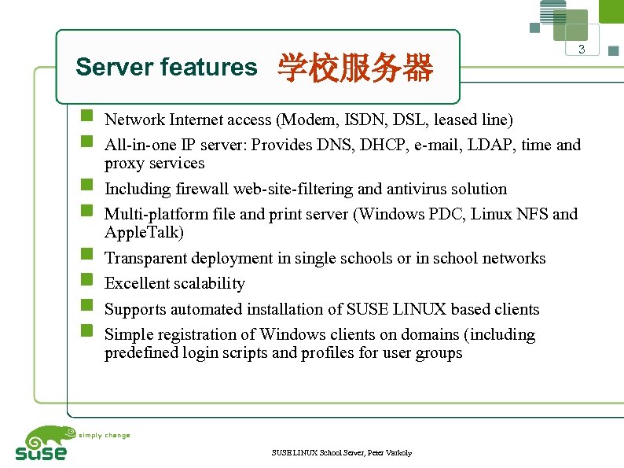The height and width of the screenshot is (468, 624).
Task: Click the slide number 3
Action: (582, 50)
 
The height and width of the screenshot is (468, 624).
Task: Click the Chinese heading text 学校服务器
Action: (355, 68)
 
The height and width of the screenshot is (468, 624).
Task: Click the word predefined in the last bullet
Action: (142, 353)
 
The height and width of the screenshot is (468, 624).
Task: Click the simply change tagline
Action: (105, 435)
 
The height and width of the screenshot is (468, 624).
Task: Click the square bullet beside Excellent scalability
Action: (88, 281)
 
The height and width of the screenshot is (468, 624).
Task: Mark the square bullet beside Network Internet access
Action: (88, 118)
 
